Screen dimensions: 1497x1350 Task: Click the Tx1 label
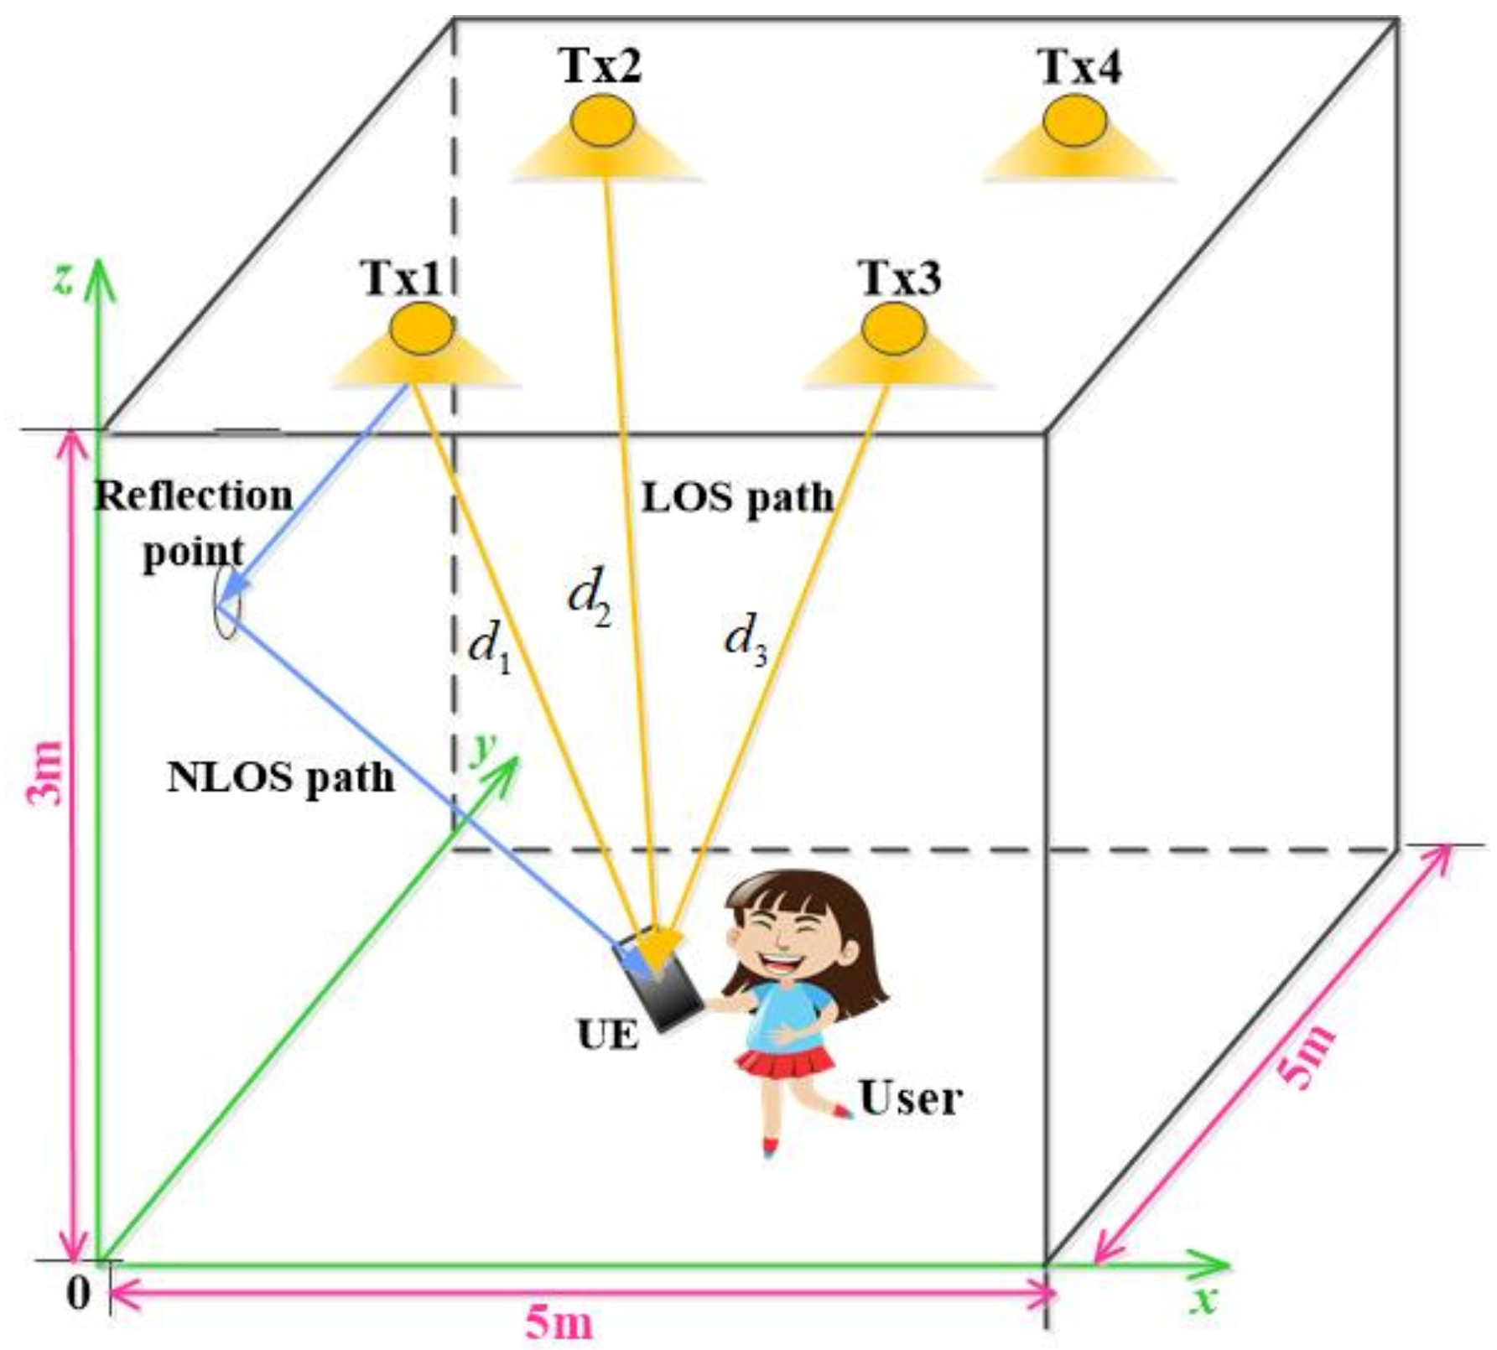coord(402,278)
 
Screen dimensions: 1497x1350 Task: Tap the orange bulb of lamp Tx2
coord(601,121)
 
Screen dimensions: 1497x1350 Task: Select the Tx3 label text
coord(900,278)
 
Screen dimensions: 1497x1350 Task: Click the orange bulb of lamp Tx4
coord(1074,121)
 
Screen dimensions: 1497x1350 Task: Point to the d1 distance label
coord(490,646)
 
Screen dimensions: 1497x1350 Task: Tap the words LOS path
coord(738,497)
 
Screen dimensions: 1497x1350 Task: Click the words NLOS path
coord(281,777)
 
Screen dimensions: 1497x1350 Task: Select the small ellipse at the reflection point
coord(226,602)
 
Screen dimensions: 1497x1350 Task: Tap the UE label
coord(608,1035)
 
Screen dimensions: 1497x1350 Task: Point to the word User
coord(911,1098)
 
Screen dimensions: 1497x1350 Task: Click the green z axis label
coord(64,278)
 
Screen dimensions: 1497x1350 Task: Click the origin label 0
coord(78,1293)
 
